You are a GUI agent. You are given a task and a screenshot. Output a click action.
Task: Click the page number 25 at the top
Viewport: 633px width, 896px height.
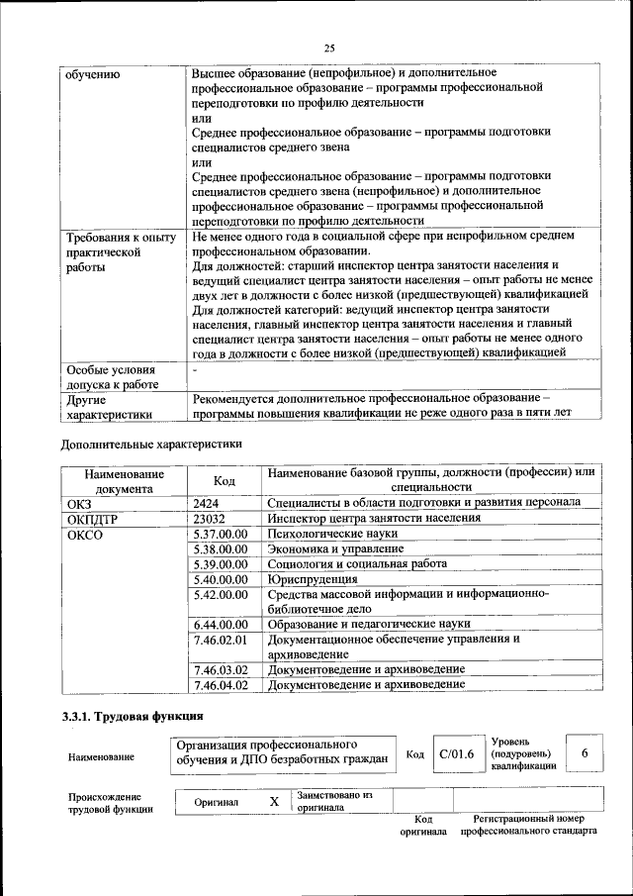[329, 46]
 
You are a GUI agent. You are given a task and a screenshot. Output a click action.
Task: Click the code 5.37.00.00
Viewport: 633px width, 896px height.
[221, 534]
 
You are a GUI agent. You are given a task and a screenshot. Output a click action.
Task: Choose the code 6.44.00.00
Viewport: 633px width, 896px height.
[221, 624]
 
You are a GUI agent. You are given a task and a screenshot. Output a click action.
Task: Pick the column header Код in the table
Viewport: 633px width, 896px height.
[225, 480]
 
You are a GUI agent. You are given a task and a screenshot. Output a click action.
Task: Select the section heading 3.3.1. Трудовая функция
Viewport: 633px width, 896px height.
[133, 715]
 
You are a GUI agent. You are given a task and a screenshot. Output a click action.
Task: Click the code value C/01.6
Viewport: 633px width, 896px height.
[457, 754]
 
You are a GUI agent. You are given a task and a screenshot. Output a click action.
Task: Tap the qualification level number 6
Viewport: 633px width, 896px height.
[585, 754]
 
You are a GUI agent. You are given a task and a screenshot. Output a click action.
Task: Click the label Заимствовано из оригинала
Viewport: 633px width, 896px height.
[334, 800]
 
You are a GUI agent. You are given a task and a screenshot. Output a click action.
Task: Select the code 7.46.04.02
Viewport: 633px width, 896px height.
[221, 684]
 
